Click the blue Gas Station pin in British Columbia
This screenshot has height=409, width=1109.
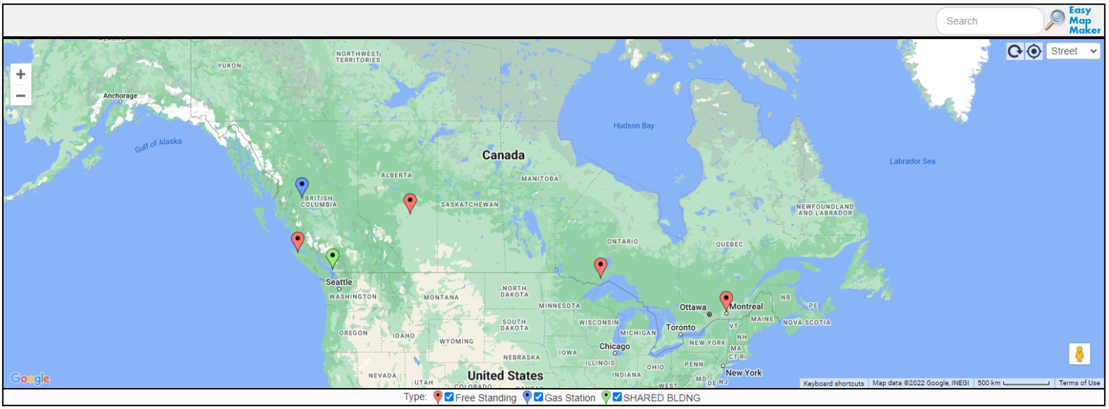[302, 186]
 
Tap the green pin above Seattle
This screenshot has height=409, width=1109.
[332, 257]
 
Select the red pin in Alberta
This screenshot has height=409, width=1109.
[410, 202]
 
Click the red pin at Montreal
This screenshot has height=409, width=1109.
[726, 300]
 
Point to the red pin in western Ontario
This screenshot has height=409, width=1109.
[600, 267]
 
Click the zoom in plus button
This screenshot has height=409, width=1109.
[21, 74]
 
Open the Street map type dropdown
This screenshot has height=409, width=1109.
[1073, 51]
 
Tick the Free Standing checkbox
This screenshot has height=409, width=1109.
[449, 397]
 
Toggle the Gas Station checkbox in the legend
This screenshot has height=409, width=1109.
[538, 397]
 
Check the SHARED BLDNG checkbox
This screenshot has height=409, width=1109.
[617, 397]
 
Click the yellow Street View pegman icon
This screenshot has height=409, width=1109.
[1079, 354]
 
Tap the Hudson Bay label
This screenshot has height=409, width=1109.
[633, 126]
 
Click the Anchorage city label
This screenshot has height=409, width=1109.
[120, 95]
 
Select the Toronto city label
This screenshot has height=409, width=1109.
[680, 327]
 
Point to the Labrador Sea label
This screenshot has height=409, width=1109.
[912, 161]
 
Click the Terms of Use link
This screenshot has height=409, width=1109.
[1079, 383]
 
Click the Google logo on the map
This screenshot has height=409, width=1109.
[30, 379]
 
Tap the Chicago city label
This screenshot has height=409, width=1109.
[614, 346]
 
